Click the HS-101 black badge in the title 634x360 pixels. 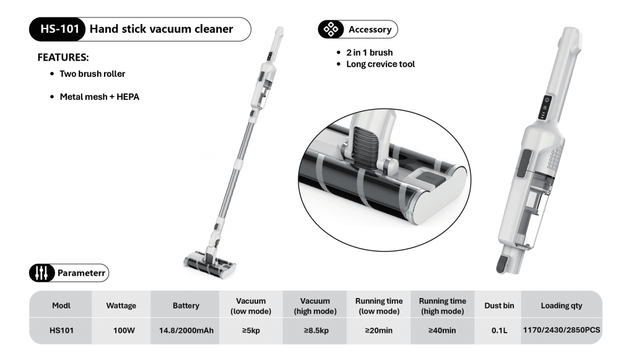click(58, 29)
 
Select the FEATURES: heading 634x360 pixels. click(63, 58)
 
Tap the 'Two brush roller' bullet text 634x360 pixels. click(92, 74)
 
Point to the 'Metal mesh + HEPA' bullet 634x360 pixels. click(100, 97)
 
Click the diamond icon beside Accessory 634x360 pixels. click(331, 29)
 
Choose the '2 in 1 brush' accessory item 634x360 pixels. click(369, 53)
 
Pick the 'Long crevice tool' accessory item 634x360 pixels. click(381, 64)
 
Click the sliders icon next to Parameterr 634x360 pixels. click(41, 273)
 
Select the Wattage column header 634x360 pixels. click(121, 306)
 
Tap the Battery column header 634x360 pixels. click(186, 306)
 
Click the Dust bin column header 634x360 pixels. click(499, 306)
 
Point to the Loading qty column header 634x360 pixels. click(561, 306)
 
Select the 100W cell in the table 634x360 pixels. click(124, 330)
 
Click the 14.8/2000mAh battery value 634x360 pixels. click(186, 330)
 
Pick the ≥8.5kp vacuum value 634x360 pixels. click(316, 330)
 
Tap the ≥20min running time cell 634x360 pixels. click(379, 330)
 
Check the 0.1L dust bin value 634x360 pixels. click(500, 330)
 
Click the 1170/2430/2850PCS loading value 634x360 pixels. click(562, 330)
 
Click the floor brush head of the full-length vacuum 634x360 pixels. click(210, 265)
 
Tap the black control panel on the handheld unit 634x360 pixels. click(545, 107)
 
